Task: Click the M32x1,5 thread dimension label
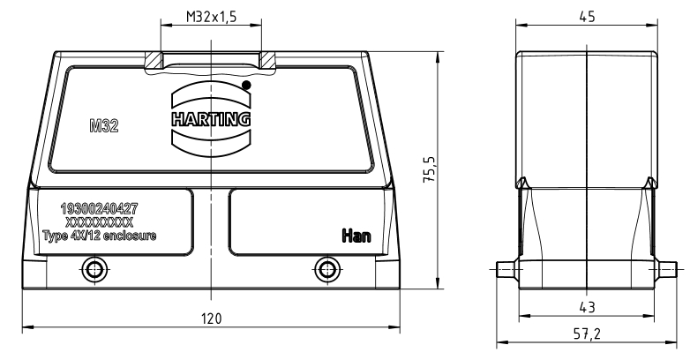click(x=211, y=17)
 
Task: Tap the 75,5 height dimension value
click(x=430, y=170)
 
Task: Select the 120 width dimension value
click(x=212, y=319)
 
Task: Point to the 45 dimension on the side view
click(x=587, y=17)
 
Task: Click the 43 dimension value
click(x=587, y=307)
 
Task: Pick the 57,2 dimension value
click(x=587, y=334)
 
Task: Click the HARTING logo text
click(x=211, y=119)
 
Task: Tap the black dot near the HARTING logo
click(x=246, y=86)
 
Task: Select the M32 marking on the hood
click(x=104, y=126)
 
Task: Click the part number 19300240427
click(x=99, y=208)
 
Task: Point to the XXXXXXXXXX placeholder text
click(x=99, y=221)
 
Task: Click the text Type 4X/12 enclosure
click(x=100, y=236)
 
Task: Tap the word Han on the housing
click(x=356, y=236)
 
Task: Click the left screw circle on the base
click(x=94, y=269)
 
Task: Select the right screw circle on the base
click(x=327, y=269)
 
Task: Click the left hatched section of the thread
click(x=154, y=60)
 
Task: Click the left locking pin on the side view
click(x=507, y=269)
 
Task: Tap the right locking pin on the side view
click(x=666, y=269)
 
